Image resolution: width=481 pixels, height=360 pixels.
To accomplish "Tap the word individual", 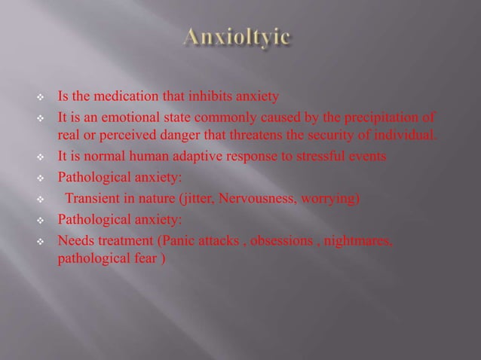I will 402,135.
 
